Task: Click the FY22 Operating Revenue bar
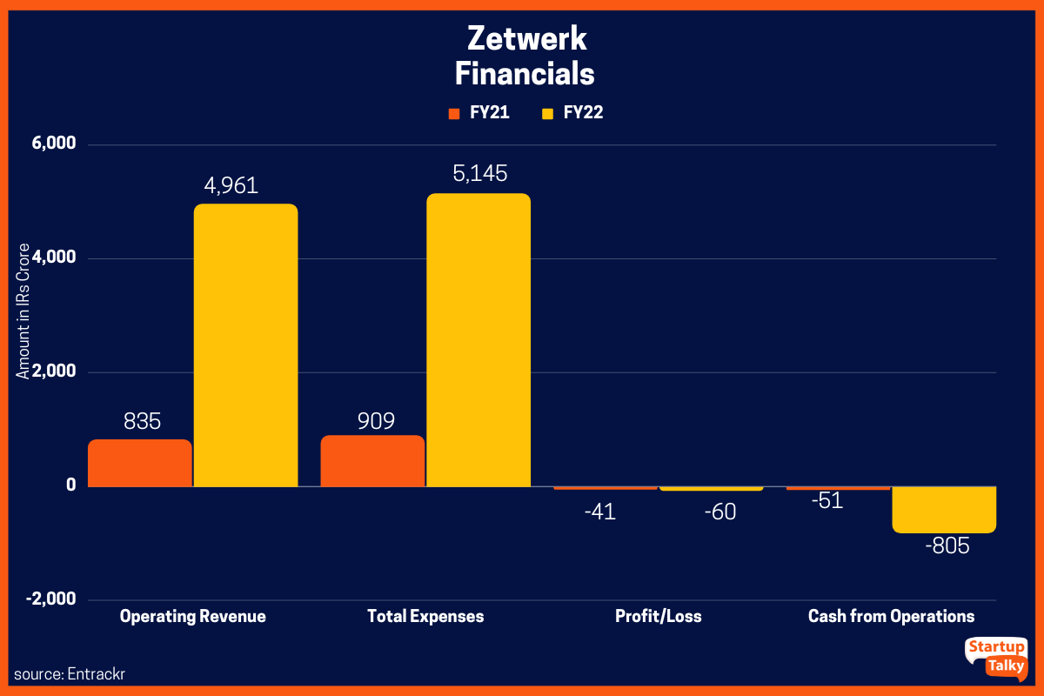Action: click(x=245, y=345)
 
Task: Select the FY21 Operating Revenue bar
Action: click(x=140, y=463)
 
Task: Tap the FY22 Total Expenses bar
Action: click(x=478, y=340)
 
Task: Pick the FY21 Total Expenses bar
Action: click(x=372, y=461)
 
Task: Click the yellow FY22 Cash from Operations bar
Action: click(x=944, y=510)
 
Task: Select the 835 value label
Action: click(x=143, y=422)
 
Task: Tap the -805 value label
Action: click(x=947, y=546)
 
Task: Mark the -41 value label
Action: click(x=601, y=512)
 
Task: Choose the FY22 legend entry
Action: click(x=572, y=113)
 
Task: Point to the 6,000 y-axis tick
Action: click(x=53, y=144)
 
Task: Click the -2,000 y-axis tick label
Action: click(x=51, y=600)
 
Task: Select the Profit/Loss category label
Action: click(x=658, y=617)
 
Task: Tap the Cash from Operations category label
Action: click(x=891, y=617)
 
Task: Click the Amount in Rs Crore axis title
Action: click(x=23, y=312)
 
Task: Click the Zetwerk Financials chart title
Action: click(x=525, y=56)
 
